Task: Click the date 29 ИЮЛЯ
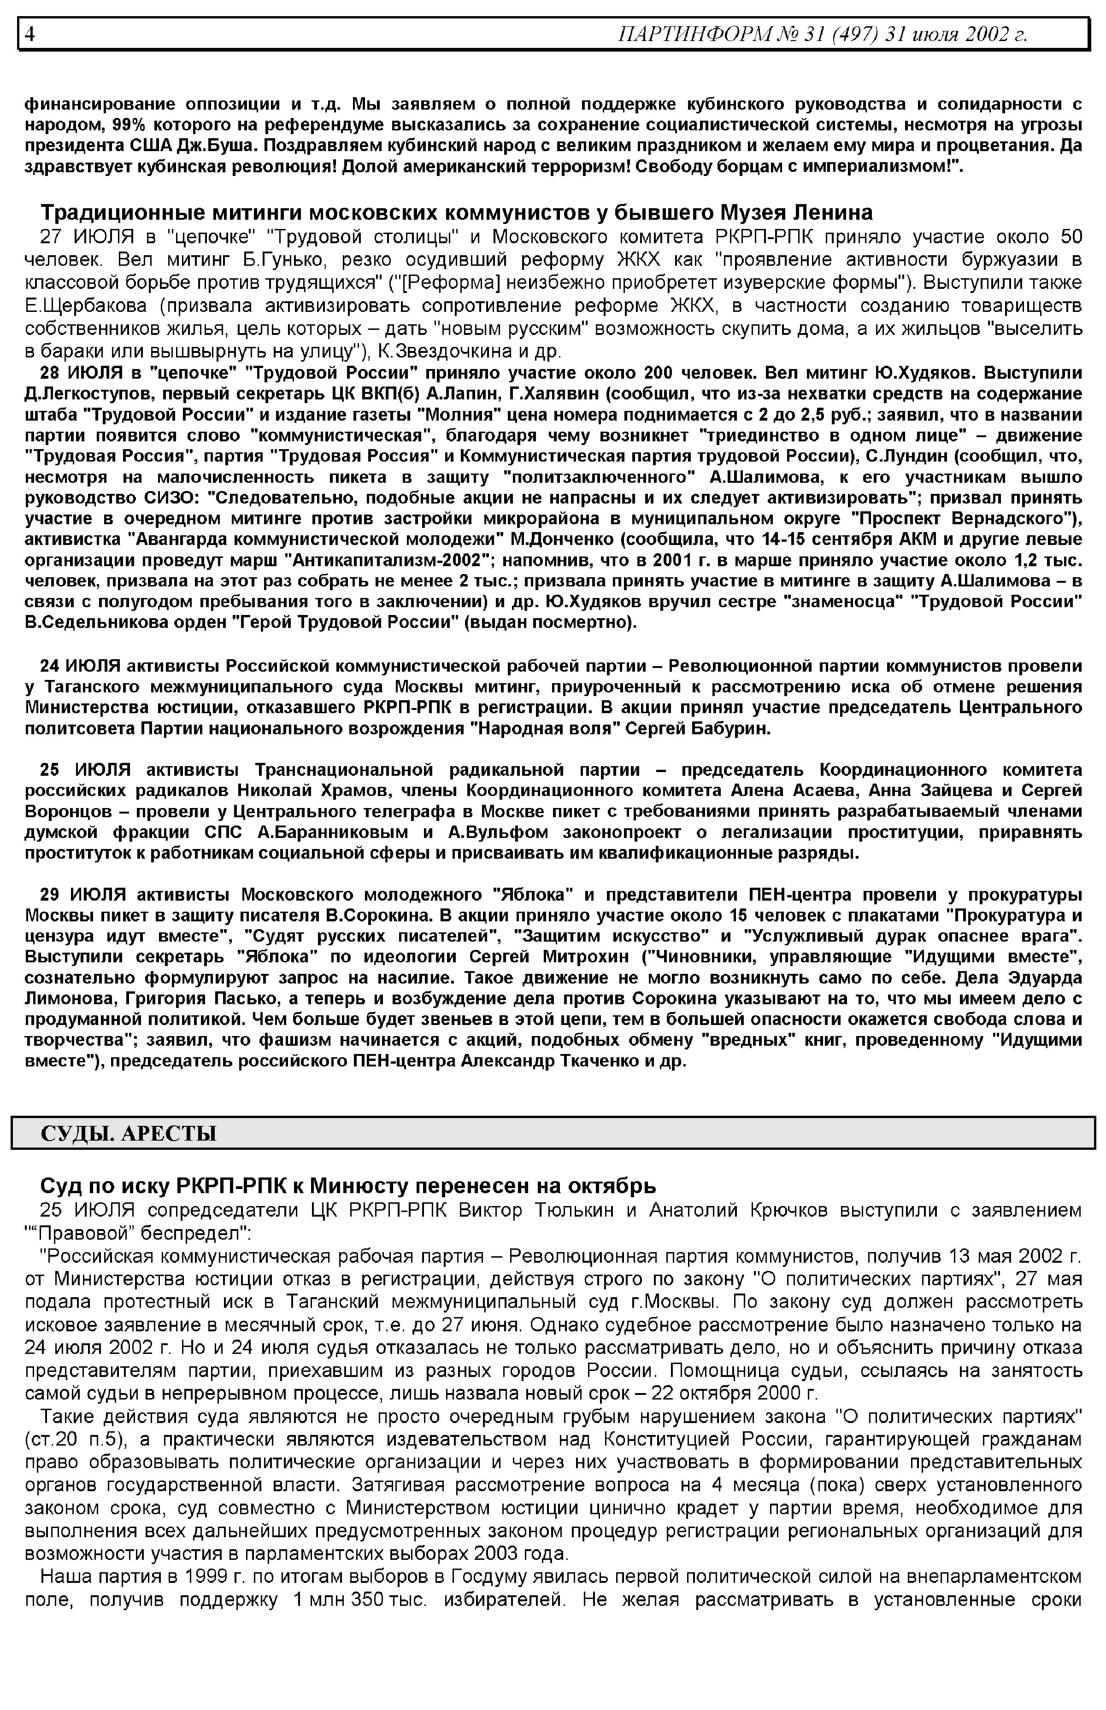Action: [83, 895]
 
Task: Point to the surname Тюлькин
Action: [572, 1210]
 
